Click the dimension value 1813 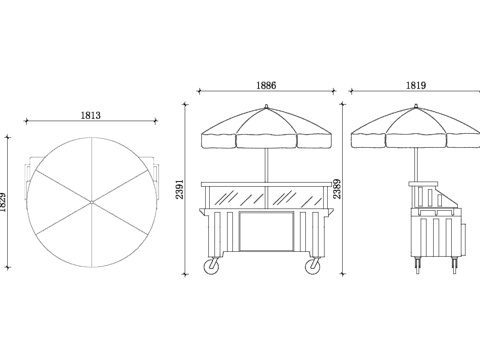pyautogui.click(x=91, y=115)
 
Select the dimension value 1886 pyautogui.click(x=266, y=85)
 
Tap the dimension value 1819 pyautogui.click(x=416, y=85)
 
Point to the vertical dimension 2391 pyautogui.click(x=180, y=189)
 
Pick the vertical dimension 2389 pyautogui.click(x=337, y=189)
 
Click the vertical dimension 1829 pyautogui.click(x=3, y=202)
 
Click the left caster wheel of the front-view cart pyautogui.click(x=211, y=266)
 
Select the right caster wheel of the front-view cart pyautogui.click(x=312, y=266)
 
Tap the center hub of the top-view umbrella pyautogui.click(x=92, y=202)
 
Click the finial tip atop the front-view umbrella pyautogui.click(x=266, y=106)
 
